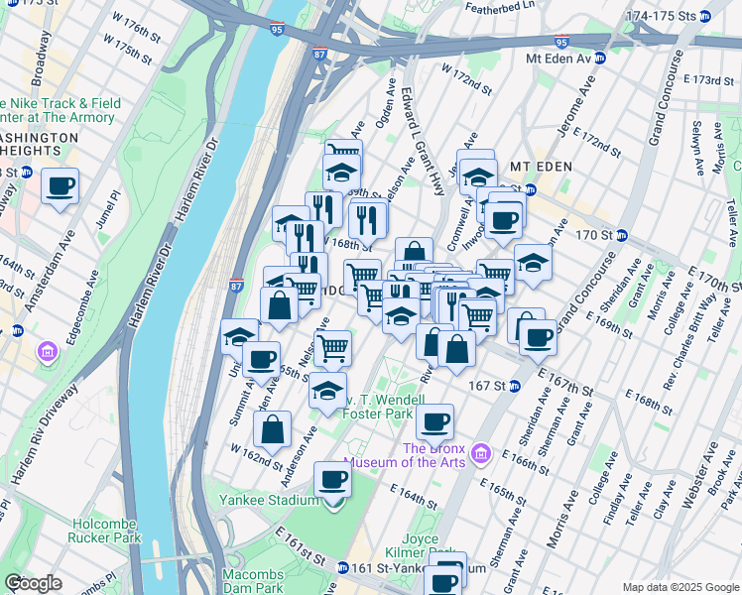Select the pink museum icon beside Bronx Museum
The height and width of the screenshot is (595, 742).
coord(482,453)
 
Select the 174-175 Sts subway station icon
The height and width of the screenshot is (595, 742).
coord(705,17)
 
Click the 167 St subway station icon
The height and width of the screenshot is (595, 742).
coord(514,386)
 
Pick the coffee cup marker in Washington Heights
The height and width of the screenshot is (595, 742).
coord(61,185)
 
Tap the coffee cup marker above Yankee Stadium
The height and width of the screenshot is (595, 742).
coord(333,480)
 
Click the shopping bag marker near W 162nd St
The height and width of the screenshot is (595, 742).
coord(272,429)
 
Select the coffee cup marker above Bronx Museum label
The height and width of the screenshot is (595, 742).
coord(434,421)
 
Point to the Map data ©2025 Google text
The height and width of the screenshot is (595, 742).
coord(680,587)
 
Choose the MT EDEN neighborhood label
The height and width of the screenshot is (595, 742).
coord(540,166)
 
